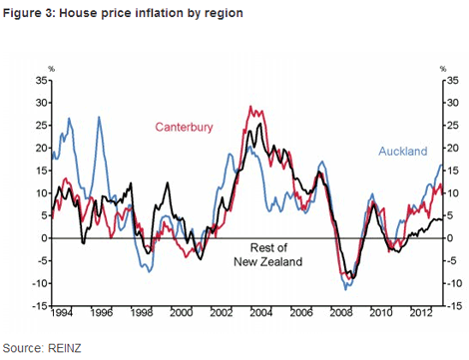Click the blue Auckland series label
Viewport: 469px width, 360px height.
(404, 152)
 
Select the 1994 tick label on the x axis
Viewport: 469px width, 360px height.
(61, 313)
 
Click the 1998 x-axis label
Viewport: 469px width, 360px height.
(141, 313)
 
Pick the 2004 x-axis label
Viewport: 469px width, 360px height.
(261, 313)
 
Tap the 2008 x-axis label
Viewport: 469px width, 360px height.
(341, 313)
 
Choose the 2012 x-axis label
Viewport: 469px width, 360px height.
(421, 313)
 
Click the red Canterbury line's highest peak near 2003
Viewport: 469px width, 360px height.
(248, 107)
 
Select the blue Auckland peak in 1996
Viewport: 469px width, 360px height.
(99, 118)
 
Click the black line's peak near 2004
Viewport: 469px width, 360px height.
(260, 124)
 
